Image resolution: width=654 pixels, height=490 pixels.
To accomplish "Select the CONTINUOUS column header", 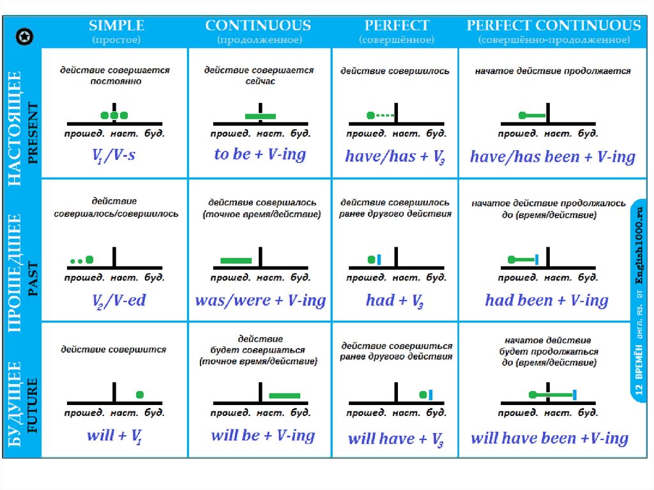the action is click(258, 26).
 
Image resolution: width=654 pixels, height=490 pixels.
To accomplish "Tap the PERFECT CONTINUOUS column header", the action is click(553, 26).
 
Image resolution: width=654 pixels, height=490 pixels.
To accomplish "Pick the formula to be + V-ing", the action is click(260, 155).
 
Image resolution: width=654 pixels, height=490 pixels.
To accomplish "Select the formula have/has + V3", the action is click(395, 157).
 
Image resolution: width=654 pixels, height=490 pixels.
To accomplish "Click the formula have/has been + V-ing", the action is click(552, 157).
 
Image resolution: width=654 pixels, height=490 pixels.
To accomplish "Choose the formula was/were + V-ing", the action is click(260, 300).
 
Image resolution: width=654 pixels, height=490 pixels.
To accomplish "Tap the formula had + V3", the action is click(395, 301).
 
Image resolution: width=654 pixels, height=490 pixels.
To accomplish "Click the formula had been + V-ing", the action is click(546, 300).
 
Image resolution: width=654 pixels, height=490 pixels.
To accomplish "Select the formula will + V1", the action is click(114, 436).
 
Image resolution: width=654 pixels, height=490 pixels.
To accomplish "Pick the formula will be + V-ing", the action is click(262, 436).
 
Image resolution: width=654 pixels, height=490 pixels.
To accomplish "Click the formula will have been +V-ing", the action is click(549, 438).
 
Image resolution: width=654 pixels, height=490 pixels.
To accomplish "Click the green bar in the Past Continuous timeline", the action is click(236, 260).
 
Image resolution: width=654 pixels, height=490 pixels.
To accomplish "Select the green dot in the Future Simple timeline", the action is click(140, 394).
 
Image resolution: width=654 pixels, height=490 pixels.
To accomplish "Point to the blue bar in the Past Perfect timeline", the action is click(379, 259).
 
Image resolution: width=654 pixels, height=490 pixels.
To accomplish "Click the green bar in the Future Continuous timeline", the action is click(284, 395).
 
